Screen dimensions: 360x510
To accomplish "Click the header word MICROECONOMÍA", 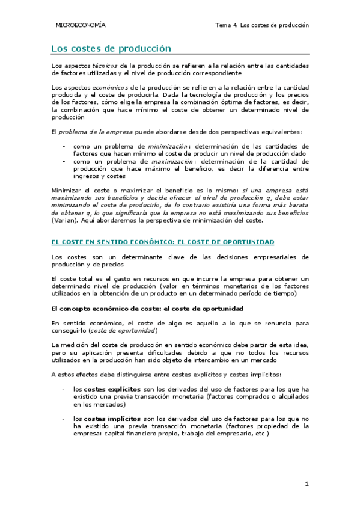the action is point(80,25).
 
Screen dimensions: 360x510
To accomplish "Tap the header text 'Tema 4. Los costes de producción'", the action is point(261,25).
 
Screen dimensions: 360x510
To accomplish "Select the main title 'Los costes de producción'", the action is point(111,48).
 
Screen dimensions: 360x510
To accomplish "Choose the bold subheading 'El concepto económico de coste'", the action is point(109,309).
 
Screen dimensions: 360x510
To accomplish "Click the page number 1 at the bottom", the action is point(306,484).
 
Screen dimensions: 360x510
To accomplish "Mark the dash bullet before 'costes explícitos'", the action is point(64,389).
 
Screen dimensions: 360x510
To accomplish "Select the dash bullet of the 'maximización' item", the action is point(64,161).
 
